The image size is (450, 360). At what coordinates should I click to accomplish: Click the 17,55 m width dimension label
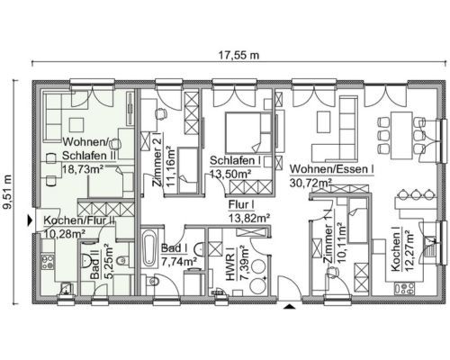pos(238,55)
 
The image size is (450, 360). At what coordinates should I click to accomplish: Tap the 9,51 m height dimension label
pos(9,192)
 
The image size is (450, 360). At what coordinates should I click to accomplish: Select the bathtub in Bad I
pos(149,248)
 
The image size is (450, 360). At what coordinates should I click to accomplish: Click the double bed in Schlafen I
pos(248,132)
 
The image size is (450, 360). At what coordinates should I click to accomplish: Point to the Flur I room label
pos(241,205)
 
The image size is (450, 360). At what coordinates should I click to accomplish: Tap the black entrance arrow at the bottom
pos(289,306)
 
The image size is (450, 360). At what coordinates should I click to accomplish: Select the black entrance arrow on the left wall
pos(30,220)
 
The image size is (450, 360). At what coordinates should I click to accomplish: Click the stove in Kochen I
pos(405,288)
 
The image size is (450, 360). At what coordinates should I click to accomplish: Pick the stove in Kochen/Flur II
pos(48,262)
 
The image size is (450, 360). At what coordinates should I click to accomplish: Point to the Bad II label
pos(95,267)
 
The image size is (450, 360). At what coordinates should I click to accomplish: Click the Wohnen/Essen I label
pos(331,169)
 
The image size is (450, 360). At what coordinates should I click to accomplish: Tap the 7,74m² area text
pos(179,261)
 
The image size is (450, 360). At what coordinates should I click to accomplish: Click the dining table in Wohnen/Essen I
pos(401,136)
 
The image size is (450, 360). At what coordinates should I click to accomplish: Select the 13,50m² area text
pos(230,174)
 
